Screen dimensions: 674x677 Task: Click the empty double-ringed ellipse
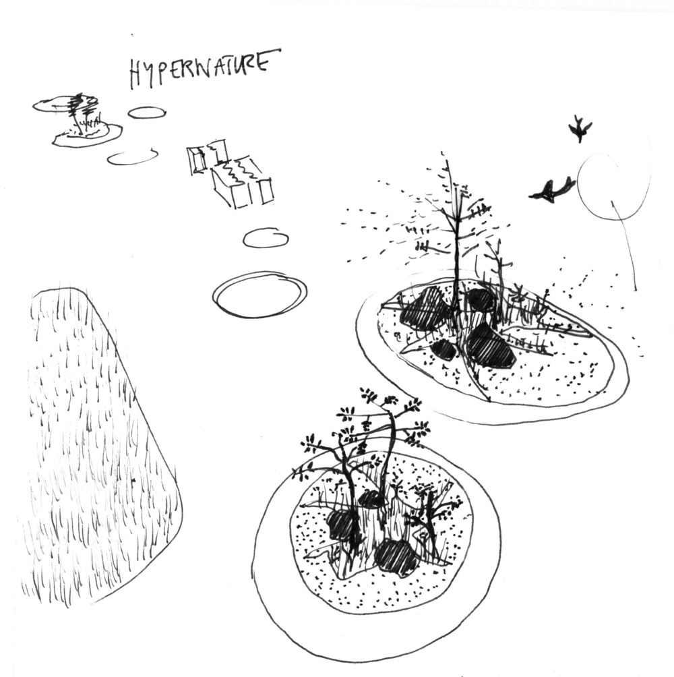pyautogui.click(x=259, y=295)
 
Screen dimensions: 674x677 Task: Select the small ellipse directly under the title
pyautogui.click(x=147, y=112)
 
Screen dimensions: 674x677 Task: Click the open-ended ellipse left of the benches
pyautogui.click(x=133, y=158)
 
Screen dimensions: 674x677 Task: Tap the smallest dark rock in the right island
pyautogui.click(x=443, y=350)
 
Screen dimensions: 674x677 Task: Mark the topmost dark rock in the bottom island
pyautogui.click(x=370, y=499)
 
